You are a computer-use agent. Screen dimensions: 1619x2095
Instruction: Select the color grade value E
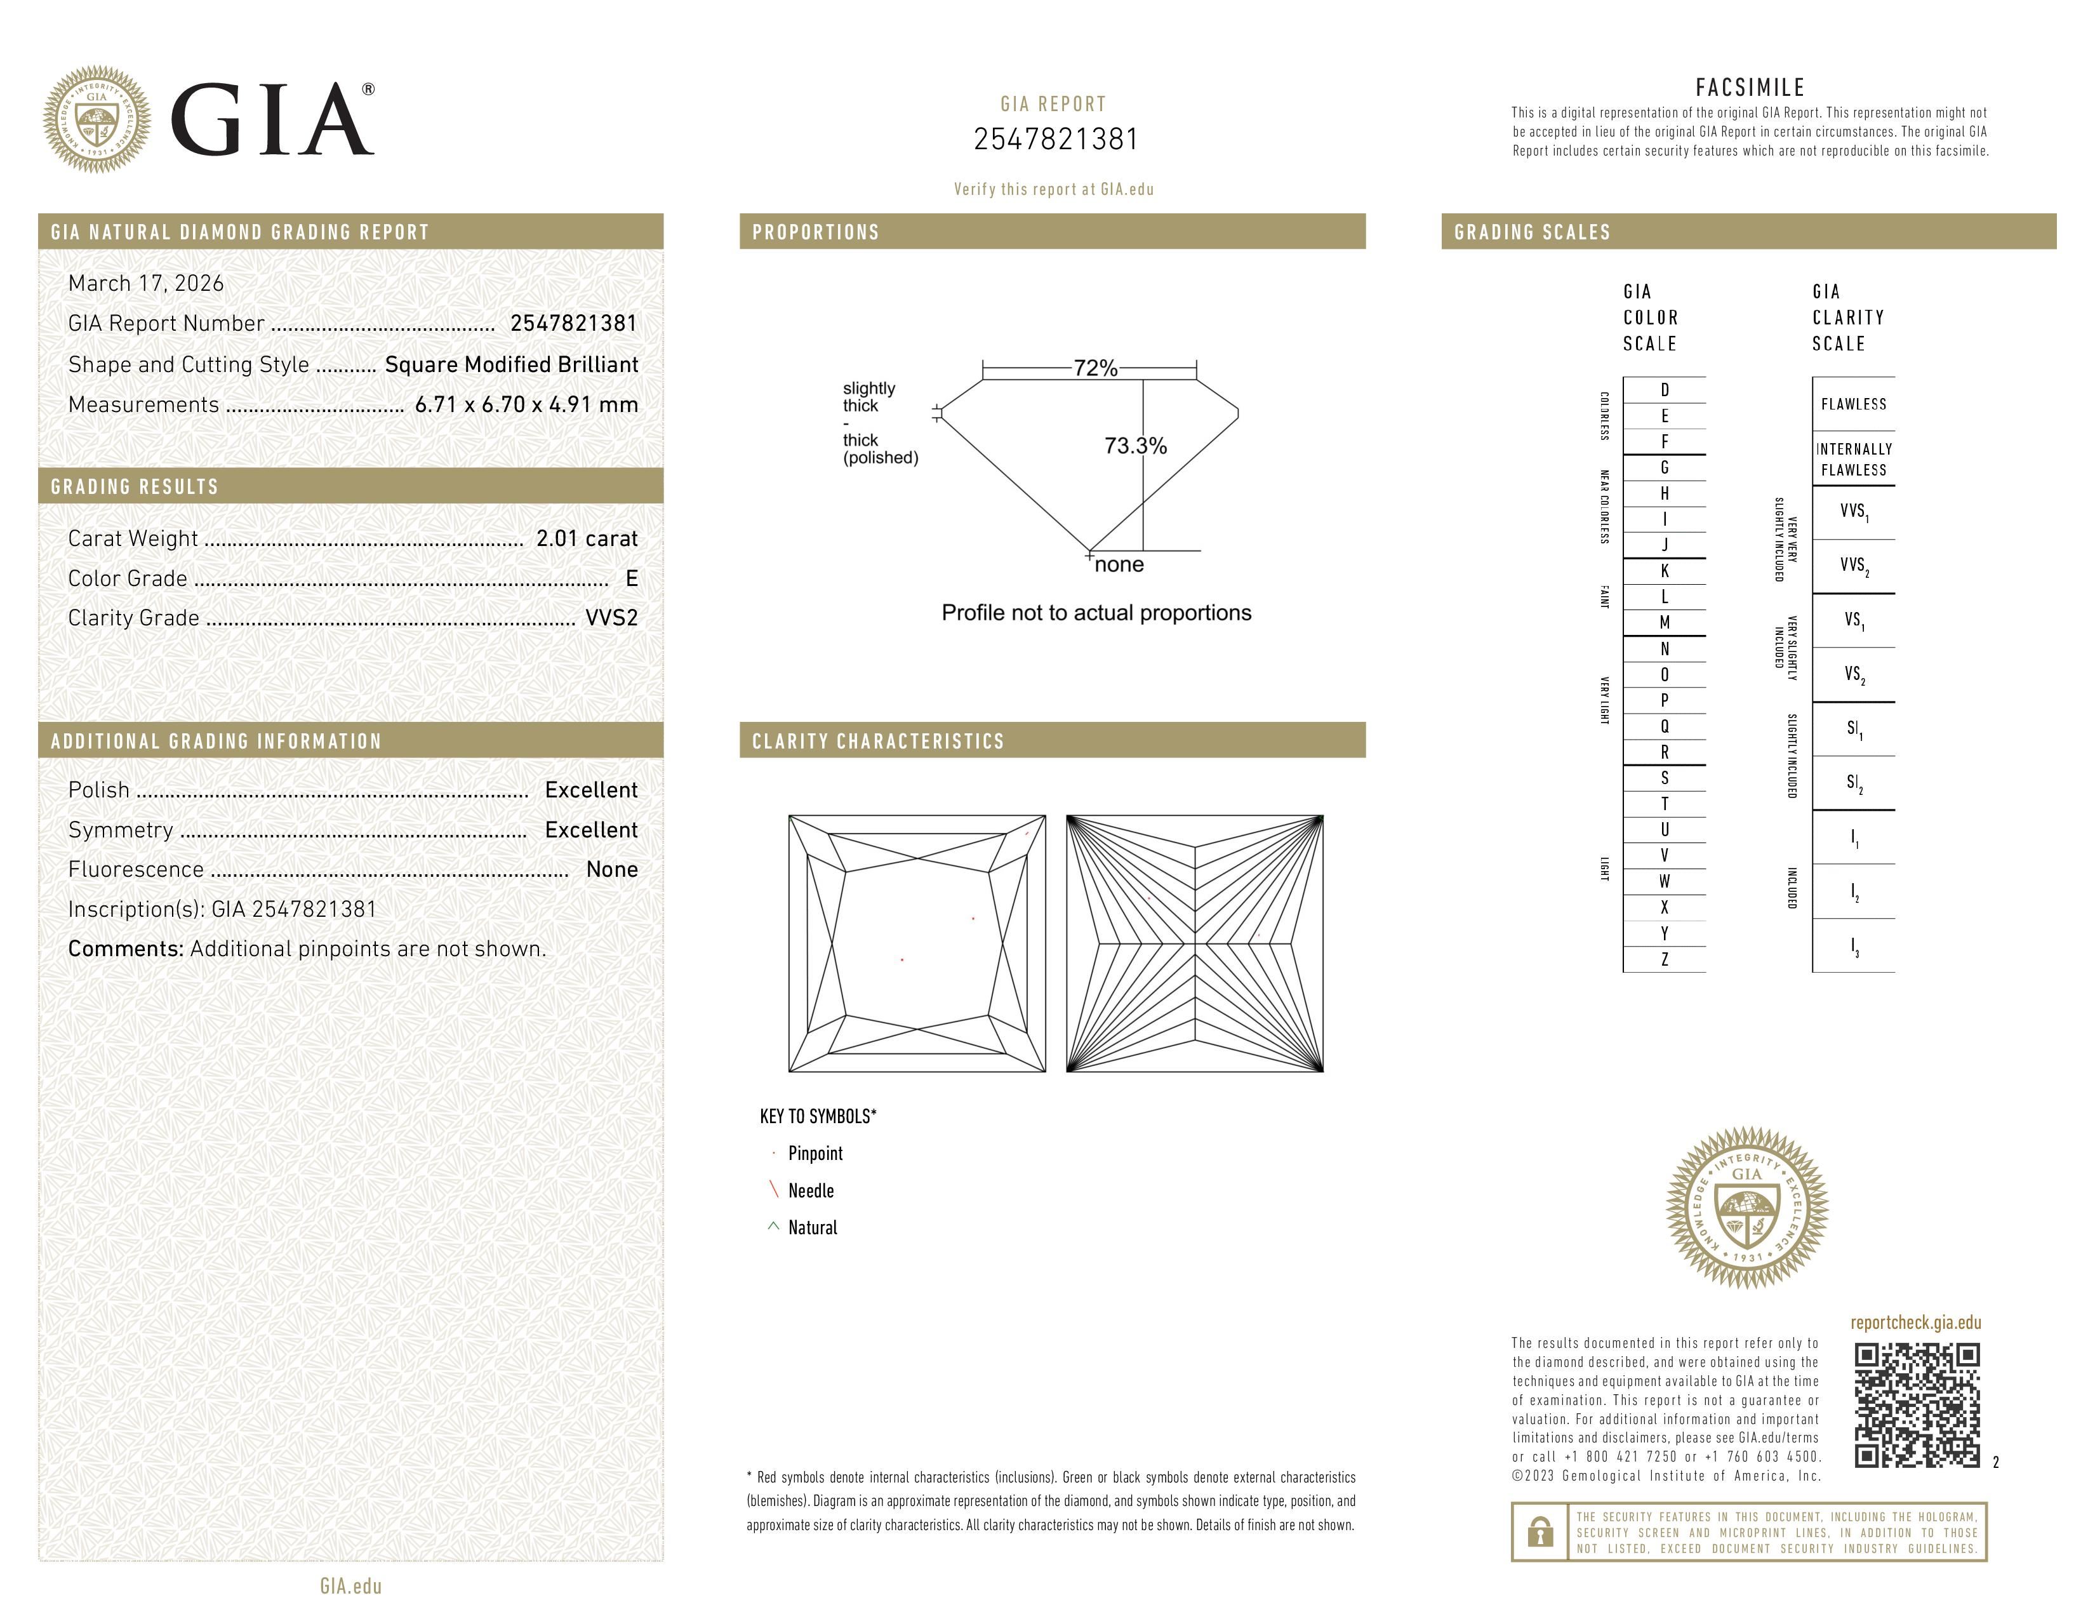coord(631,578)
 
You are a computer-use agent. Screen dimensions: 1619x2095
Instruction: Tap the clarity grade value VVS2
coord(611,618)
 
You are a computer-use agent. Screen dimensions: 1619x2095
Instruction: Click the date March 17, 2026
coord(146,283)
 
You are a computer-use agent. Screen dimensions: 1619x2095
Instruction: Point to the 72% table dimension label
coord(1094,368)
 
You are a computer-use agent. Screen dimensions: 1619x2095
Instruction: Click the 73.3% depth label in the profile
coord(1135,446)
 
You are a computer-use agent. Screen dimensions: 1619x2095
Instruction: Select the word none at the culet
coord(1119,565)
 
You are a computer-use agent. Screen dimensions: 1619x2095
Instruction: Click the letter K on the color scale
coord(1665,571)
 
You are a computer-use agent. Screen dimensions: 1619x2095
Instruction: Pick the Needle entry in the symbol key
coord(811,1190)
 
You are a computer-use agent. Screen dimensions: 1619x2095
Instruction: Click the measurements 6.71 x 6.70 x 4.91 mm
coord(526,405)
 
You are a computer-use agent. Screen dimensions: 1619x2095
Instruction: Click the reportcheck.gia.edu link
coord(1915,1323)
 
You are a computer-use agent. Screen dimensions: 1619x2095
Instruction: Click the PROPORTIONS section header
coord(815,232)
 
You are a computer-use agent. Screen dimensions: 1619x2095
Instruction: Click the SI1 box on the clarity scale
coord(1853,729)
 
